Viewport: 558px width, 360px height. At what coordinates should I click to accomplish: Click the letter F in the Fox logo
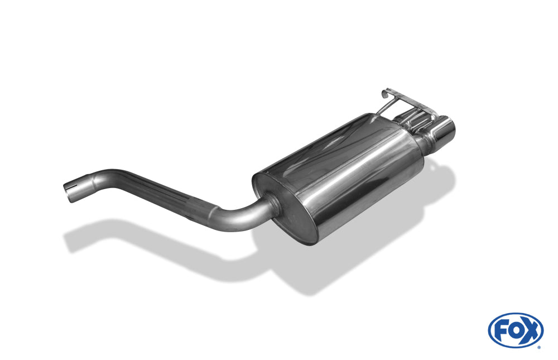[x=501, y=330]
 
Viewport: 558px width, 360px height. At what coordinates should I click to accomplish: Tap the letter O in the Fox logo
[x=515, y=330]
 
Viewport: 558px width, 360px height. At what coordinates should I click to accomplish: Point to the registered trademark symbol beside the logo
[x=538, y=347]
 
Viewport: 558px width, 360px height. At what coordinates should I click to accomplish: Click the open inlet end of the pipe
[x=68, y=191]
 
